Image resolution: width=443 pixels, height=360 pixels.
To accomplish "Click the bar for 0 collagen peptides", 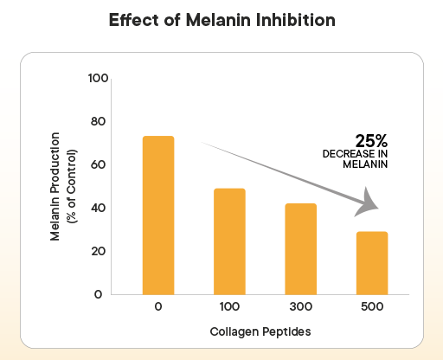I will point(158,215).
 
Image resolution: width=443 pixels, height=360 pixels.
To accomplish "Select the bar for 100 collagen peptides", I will point(230,241).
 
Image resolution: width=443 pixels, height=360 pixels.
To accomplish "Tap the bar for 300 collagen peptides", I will point(301,248).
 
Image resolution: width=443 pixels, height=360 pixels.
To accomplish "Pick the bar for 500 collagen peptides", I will point(372,262).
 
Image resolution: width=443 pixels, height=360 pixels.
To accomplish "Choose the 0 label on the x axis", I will point(159,308).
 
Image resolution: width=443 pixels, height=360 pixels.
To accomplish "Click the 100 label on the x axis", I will point(230,308).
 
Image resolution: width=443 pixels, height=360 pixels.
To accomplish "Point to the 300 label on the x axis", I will point(301,308).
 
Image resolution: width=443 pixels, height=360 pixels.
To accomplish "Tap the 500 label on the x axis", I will point(372,308).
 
